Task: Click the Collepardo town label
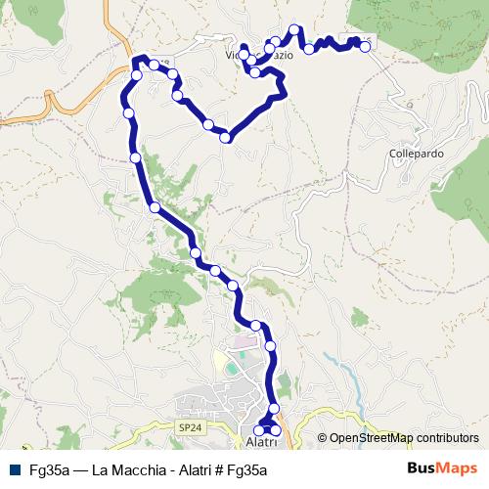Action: pyautogui.click(x=416, y=155)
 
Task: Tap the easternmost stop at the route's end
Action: pyautogui.click(x=365, y=46)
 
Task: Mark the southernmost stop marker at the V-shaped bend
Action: pyautogui.click(x=226, y=138)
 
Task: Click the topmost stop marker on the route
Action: pyautogui.click(x=293, y=30)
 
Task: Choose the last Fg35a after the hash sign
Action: pyautogui.click(x=248, y=470)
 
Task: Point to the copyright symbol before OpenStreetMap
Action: pyautogui.click(x=322, y=439)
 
